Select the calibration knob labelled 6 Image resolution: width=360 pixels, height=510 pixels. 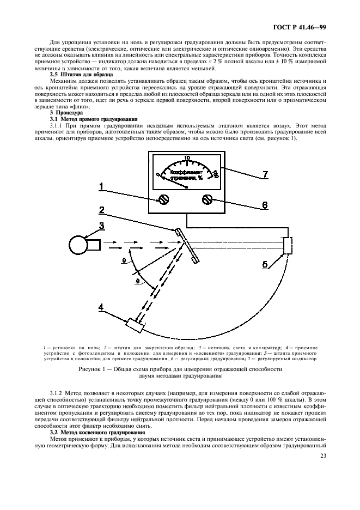point(207,200)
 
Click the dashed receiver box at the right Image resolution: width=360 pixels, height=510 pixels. point(288,245)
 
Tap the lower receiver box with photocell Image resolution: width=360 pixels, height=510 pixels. point(133,326)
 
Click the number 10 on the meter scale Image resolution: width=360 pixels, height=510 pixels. point(187,159)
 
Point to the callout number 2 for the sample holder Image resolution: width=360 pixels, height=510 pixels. point(101,210)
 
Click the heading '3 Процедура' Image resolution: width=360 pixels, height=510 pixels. point(65,113)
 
